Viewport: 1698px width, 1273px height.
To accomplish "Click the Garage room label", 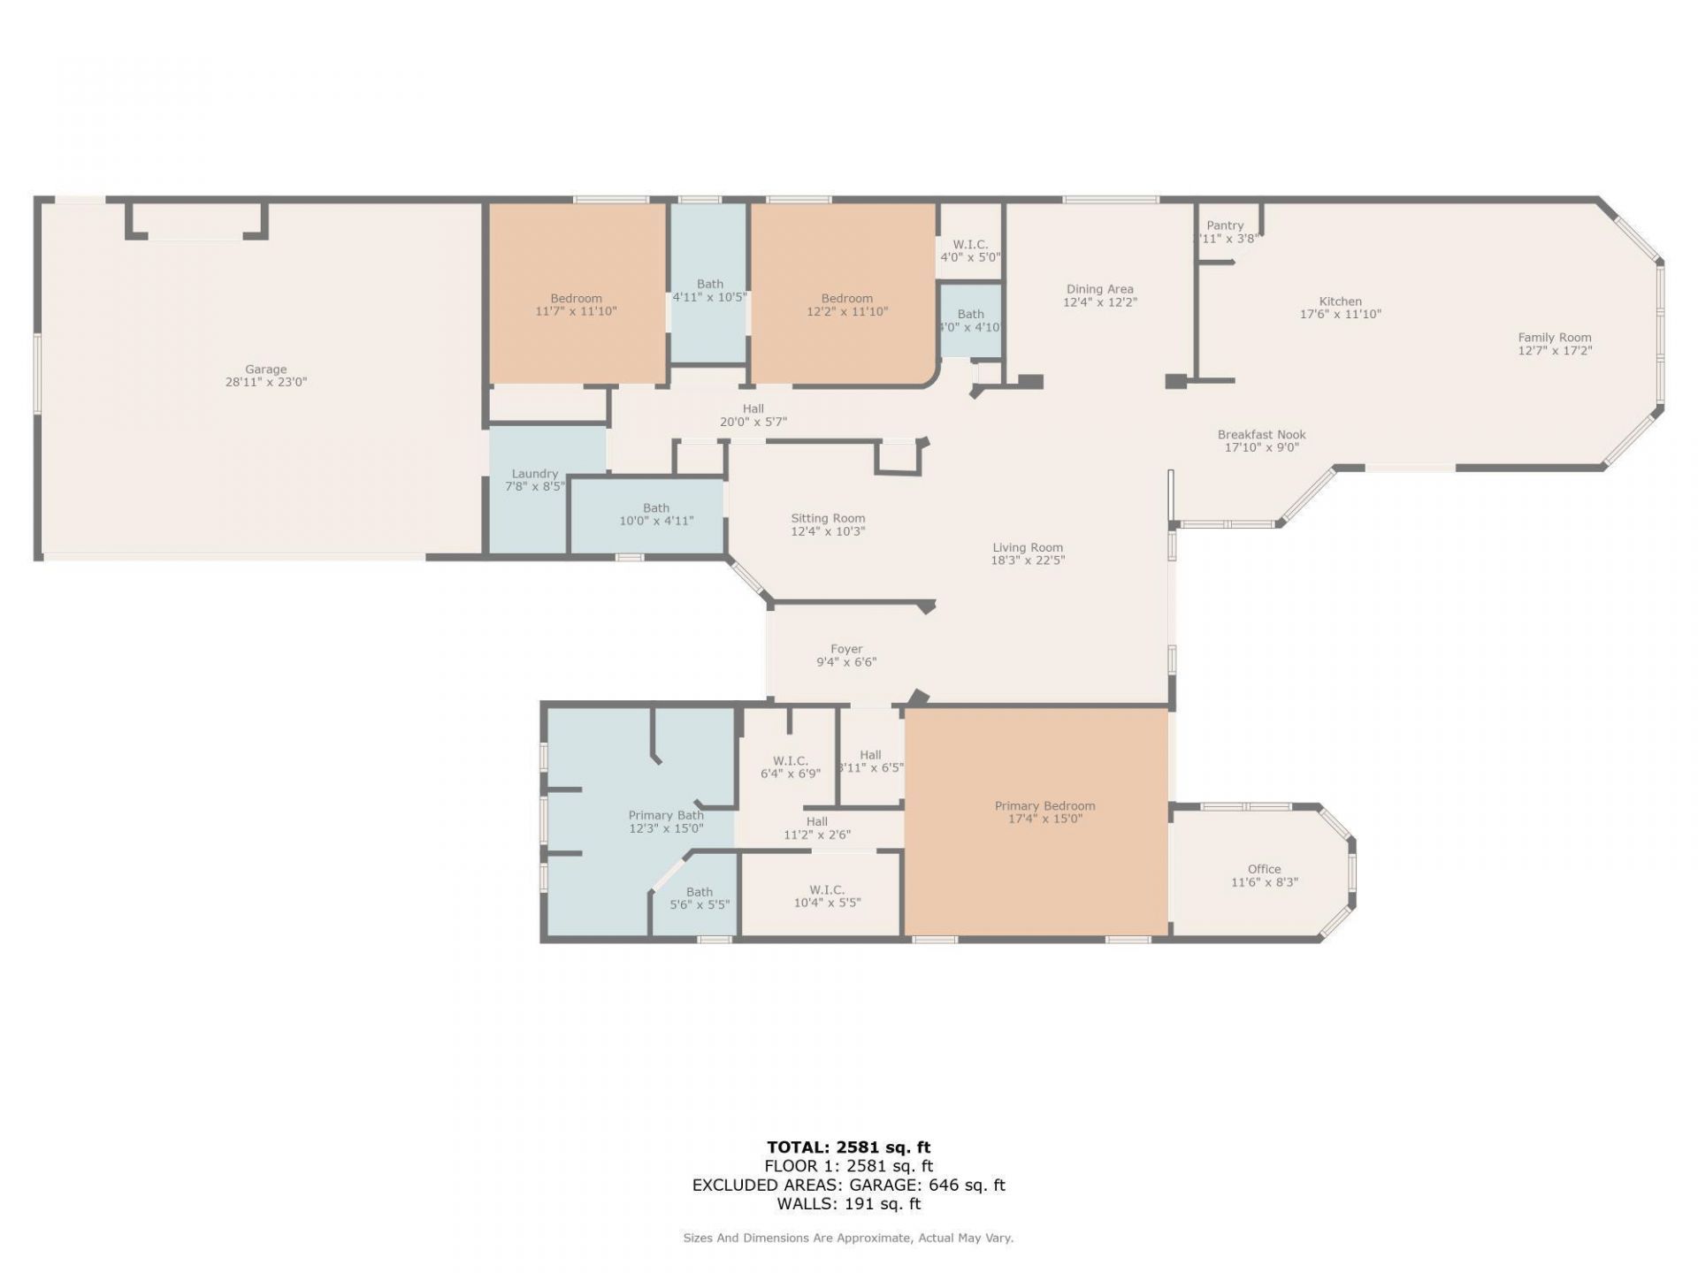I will coord(265,370).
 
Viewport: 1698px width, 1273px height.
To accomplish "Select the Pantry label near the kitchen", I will coord(1225,225).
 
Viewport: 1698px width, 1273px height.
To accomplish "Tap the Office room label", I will coord(1264,869).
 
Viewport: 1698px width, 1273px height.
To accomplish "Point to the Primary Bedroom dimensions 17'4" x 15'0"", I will coord(1044,819).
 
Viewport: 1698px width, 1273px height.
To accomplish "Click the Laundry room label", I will coord(534,474).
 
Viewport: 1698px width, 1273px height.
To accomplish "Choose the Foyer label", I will coord(846,649).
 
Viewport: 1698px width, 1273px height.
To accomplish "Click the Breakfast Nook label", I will coord(1261,434).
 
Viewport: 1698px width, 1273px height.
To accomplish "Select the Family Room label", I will coord(1554,337).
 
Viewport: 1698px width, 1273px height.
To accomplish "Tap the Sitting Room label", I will coord(828,518).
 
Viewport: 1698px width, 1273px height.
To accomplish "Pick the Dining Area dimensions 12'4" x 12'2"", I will coord(1099,302).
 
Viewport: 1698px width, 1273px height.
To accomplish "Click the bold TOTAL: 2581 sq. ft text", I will coord(848,1147).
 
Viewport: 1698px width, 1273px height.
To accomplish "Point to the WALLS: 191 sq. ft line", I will coord(848,1203).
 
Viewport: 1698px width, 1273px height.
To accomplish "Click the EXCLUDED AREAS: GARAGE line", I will coord(848,1185).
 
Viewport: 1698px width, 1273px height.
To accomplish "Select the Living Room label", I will coord(1027,547).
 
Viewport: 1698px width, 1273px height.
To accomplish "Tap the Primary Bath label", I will coord(666,815).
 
